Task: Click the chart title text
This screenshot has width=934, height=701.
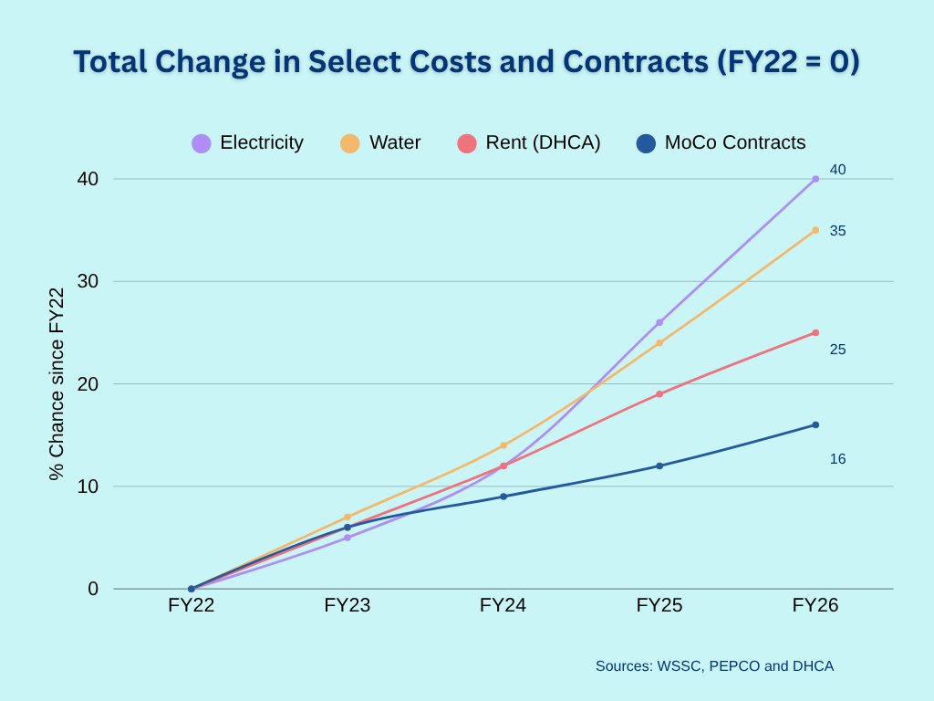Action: click(x=466, y=61)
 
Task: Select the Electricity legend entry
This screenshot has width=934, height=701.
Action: click(x=248, y=143)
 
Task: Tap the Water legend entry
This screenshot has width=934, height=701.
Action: click(x=381, y=143)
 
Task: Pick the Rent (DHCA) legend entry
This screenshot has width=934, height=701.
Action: click(x=529, y=143)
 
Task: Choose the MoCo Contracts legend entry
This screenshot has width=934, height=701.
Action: click(x=721, y=143)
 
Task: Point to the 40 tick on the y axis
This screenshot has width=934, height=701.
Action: click(x=88, y=179)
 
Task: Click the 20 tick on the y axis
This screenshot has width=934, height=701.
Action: click(x=88, y=383)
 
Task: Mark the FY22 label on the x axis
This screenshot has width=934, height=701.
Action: click(x=192, y=605)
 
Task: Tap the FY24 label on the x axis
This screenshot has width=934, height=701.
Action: click(x=503, y=605)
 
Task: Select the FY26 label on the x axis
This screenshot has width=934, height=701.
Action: click(x=815, y=605)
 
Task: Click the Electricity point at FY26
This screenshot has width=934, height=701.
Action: click(x=815, y=179)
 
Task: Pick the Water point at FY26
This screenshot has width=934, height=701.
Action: click(x=815, y=230)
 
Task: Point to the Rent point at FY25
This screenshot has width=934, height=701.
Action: click(x=659, y=394)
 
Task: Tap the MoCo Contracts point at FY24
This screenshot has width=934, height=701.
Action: click(x=503, y=497)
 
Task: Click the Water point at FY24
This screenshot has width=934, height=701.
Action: click(x=503, y=445)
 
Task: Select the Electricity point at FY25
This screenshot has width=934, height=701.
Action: click(x=659, y=322)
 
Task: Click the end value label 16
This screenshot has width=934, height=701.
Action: click(x=837, y=459)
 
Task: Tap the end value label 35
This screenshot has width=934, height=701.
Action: click(x=837, y=231)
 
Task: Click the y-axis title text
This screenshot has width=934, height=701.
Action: click(x=57, y=383)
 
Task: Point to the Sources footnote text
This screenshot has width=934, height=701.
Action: click(x=714, y=666)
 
